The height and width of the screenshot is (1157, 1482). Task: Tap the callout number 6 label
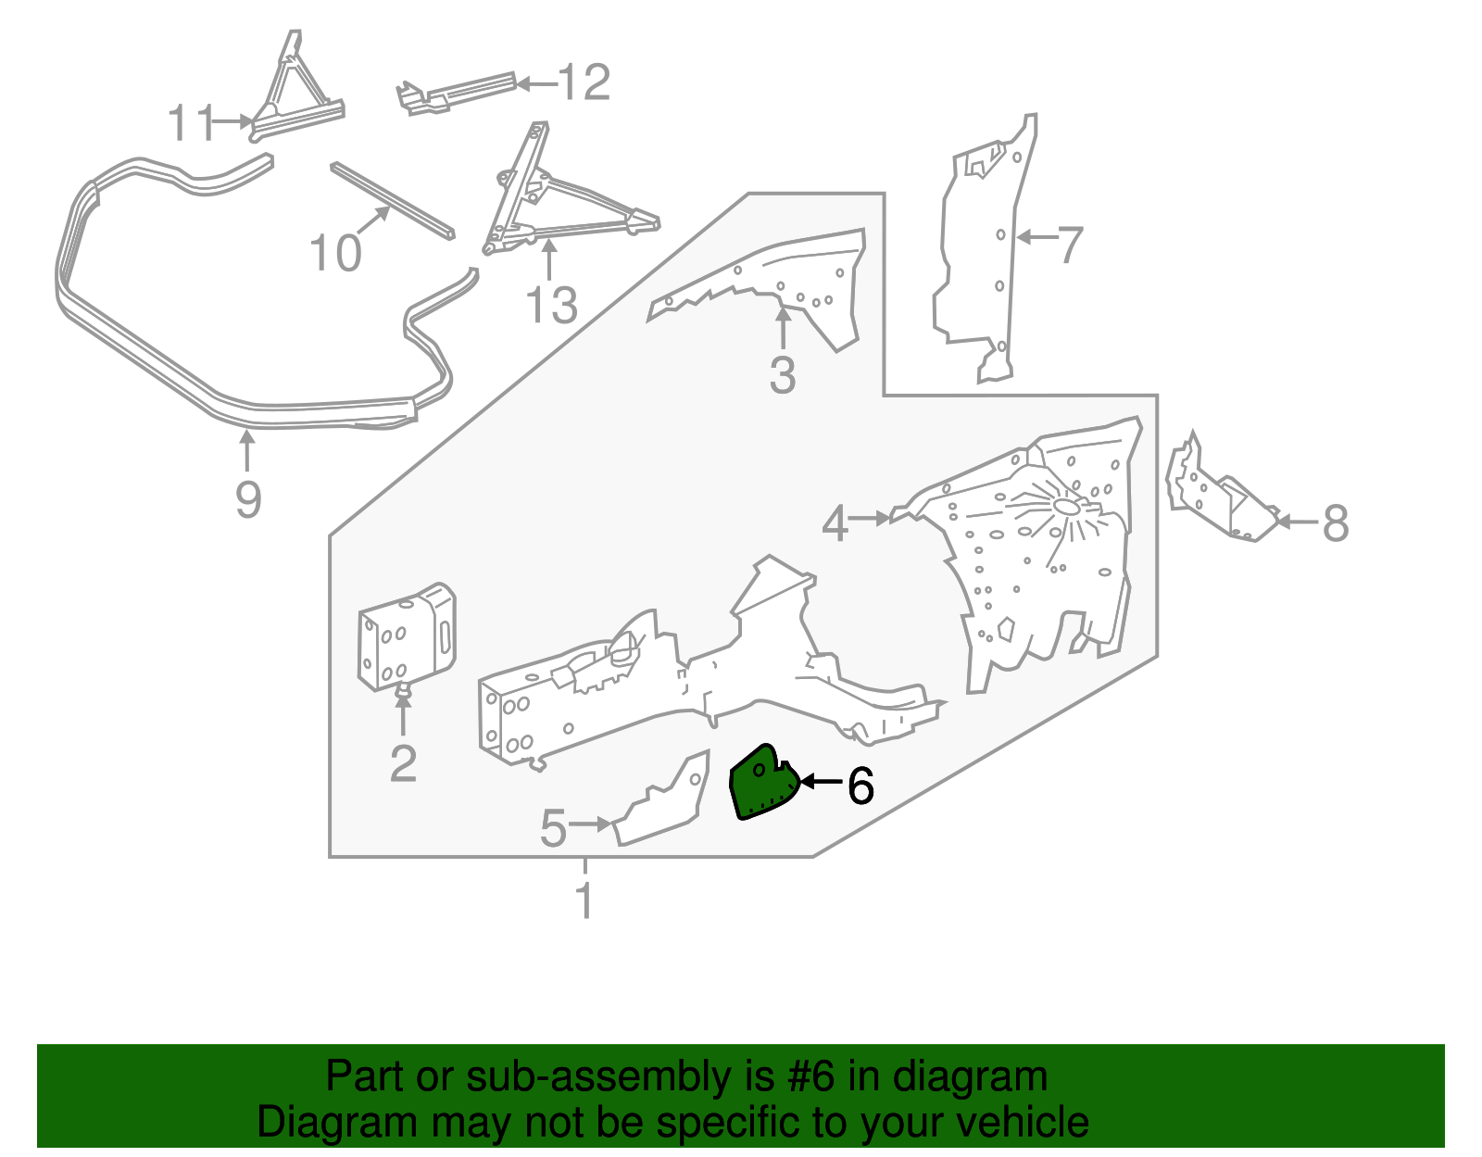click(860, 786)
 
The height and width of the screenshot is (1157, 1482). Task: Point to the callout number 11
click(189, 123)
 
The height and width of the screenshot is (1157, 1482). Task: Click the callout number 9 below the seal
click(248, 499)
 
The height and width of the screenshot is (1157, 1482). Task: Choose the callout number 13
click(551, 305)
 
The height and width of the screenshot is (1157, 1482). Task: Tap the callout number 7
click(1070, 245)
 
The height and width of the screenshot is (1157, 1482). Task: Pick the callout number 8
click(1335, 523)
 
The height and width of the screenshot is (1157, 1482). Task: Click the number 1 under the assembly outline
click(584, 900)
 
